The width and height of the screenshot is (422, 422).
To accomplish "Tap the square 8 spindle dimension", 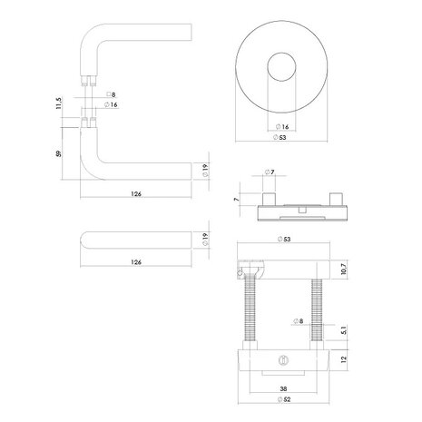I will (x=112, y=94).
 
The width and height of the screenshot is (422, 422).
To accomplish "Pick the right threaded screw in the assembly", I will (x=317, y=313).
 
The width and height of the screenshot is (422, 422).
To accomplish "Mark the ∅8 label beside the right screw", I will (x=299, y=321).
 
